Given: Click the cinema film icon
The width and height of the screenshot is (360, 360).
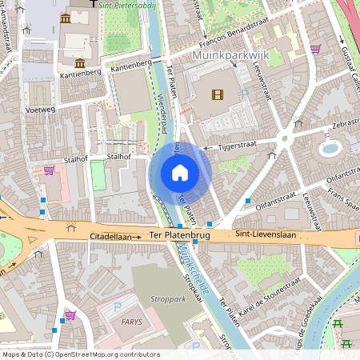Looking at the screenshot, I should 218,94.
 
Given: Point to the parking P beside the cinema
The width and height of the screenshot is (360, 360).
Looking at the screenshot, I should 245,94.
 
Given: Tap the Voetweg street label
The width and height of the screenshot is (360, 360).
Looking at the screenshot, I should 39,109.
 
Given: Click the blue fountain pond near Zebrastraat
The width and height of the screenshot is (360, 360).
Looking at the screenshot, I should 329,148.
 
